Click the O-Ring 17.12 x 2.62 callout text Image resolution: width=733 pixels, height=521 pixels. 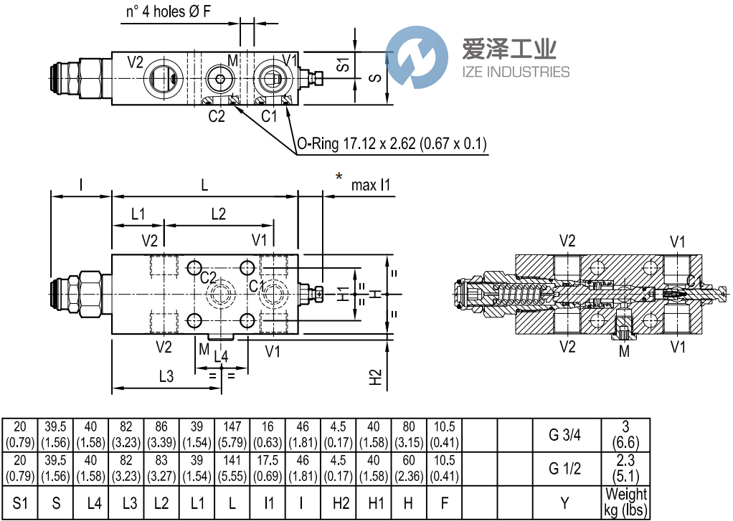coord(392,145)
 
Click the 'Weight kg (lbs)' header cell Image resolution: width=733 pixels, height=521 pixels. coord(625,502)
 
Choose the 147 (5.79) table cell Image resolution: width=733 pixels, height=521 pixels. coord(232,435)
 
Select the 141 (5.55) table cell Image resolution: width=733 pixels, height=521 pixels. coord(232,469)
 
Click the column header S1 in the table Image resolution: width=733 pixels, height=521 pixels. coord(21,503)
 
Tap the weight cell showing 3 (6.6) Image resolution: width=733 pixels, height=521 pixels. coord(625,435)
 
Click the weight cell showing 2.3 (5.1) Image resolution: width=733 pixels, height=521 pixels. coord(625,469)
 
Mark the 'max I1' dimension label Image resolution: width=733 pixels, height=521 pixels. coord(371,186)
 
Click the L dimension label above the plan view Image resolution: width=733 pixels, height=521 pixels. coord(204,186)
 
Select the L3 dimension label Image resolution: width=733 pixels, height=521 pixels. coord(166,376)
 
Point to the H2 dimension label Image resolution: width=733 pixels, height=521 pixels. coord(375,377)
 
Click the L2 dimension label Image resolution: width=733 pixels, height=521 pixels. coord(218,214)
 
